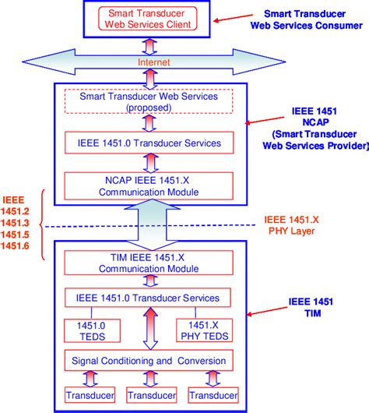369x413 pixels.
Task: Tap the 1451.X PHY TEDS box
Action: coord(204,330)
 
